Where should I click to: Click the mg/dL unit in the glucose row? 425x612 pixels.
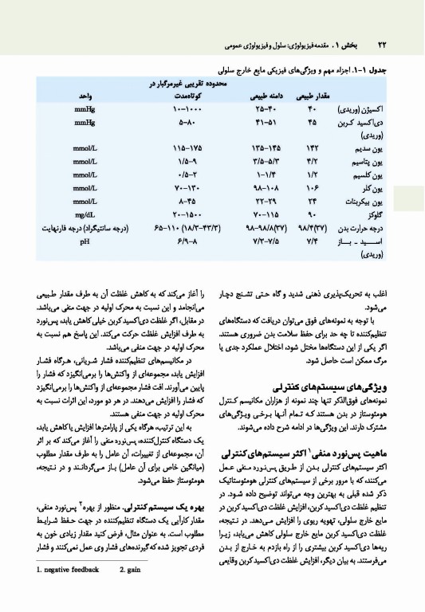pyautogui.click(x=80, y=214)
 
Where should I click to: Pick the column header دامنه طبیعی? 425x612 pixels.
pyautogui.click(x=254, y=96)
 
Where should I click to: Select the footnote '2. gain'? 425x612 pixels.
pyautogui.click(x=135, y=591)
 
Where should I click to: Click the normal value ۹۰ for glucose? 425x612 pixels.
pyautogui.click(x=313, y=215)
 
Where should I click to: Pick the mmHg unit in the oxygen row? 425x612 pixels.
pyautogui.click(x=80, y=108)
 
